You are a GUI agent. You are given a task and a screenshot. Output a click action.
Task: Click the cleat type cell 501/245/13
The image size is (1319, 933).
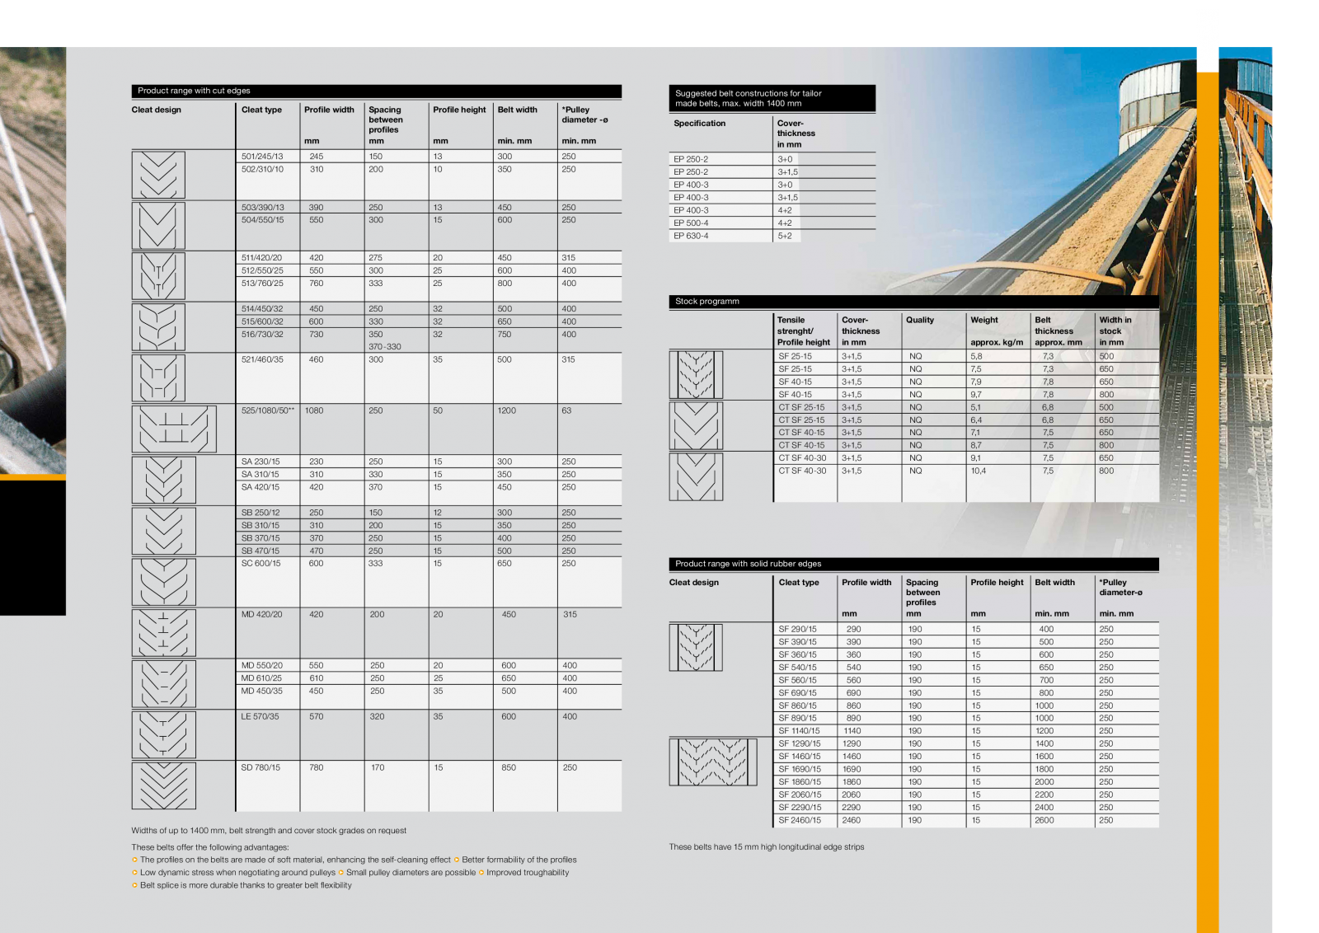pos(262,157)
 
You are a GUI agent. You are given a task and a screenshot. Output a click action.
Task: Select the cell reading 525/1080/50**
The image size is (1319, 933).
pos(267,410)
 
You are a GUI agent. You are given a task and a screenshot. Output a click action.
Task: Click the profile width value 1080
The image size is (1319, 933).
pos(314,410)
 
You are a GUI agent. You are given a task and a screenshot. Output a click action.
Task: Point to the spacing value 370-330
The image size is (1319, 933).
pos(385,347)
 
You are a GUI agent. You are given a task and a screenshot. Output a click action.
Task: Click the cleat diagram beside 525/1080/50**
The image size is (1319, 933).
pos(174,429)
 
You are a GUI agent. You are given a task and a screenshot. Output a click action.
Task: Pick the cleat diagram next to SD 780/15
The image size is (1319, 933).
pos(164,785)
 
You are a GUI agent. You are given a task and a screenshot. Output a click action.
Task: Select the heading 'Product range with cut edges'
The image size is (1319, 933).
pos(195,91)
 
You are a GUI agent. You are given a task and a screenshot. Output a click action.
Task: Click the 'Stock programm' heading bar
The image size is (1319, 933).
pos(913,302)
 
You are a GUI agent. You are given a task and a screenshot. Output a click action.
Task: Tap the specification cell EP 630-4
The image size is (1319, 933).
pos(691,236)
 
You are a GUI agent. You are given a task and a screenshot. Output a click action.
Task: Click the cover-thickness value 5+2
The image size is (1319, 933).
pos(785,236)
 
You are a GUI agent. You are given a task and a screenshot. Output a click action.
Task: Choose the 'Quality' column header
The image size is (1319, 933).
pos(920,320)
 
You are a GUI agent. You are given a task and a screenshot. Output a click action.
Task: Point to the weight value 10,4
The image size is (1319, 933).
pos(978,471)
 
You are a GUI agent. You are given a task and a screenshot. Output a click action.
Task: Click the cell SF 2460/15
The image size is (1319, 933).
pos(800,820)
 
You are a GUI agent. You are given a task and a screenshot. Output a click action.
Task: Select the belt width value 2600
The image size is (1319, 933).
pos(1044,820)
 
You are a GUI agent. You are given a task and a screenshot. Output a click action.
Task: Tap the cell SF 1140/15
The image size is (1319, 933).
pos(800,731)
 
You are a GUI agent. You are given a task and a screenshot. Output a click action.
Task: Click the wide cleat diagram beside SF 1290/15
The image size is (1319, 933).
pos(713,762)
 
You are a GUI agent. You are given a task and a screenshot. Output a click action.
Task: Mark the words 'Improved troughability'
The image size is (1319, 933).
pos(528,872)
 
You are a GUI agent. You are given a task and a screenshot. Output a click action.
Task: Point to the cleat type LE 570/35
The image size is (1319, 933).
pos(261,716)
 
